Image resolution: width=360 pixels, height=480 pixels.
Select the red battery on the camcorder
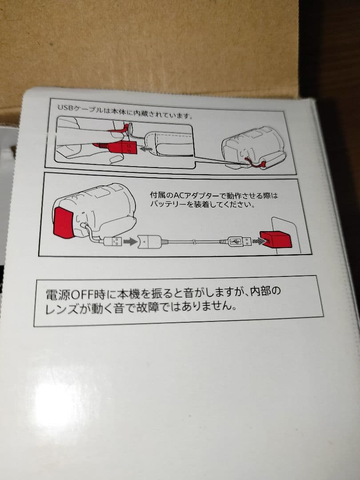(64, 220)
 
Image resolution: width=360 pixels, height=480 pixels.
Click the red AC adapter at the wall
(276, 240)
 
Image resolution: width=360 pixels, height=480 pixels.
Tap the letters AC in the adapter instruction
(180, 196)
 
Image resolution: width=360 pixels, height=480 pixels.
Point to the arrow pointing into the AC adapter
(258, 241)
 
